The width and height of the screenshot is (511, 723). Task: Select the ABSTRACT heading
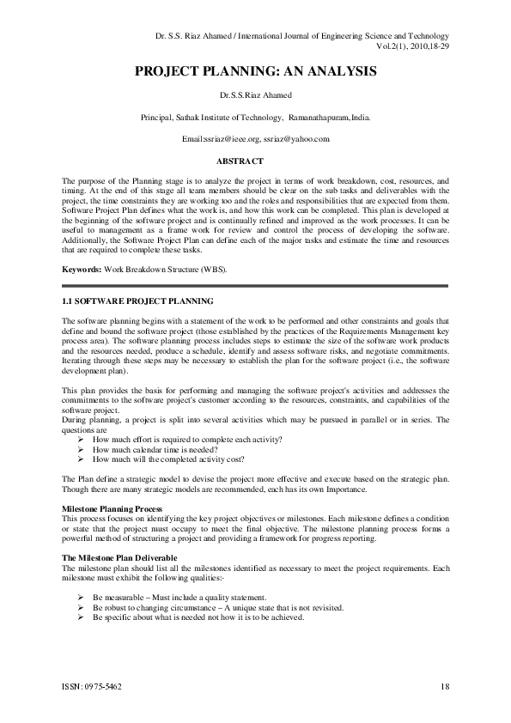[x=240, y=161]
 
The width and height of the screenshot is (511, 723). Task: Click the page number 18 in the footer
[x=445, y=686]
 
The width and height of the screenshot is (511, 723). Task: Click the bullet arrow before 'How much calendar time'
[x=81, y=448]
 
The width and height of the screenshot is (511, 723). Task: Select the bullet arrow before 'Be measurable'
[x=81, y=597]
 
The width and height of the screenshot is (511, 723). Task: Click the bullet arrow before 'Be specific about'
[x=81, y=617]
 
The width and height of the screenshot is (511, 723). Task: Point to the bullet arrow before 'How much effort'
[x=81, y=439]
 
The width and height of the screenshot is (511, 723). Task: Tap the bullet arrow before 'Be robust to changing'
[x=81, y=607]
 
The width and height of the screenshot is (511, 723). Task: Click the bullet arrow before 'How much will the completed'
[x=81, y=458]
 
